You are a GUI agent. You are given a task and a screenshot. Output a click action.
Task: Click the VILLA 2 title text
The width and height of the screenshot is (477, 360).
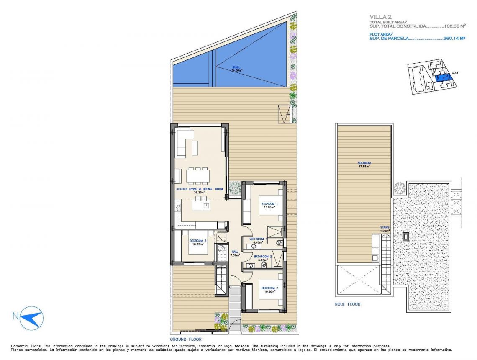tap(379, 17)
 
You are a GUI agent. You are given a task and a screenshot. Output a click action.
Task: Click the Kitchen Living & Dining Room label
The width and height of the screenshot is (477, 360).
tap(200, 189)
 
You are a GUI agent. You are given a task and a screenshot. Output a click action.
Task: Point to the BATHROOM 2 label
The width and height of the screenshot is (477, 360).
tap(263, 256)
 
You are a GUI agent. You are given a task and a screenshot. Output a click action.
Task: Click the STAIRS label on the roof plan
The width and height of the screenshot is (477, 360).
tap(385, 228)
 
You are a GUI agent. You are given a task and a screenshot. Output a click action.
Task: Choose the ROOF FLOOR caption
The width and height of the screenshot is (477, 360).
tap(347, 304)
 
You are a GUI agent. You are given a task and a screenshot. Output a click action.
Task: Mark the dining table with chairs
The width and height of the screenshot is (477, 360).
tap(198, 175)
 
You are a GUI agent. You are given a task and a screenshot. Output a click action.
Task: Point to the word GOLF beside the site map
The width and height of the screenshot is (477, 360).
tap(456, 72)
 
